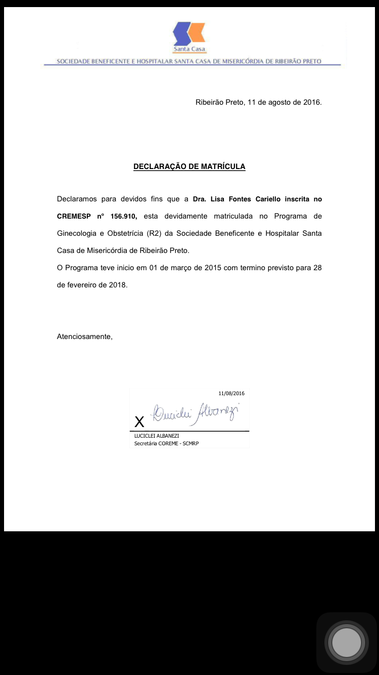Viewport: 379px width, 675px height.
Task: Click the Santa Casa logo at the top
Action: coord(189,36)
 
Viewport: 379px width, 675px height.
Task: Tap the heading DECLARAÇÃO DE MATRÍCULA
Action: coord(189,166)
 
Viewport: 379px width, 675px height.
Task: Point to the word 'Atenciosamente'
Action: coord(84,336)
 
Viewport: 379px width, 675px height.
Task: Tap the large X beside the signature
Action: coord(139,422)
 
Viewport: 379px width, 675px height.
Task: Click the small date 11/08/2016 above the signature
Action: coord(231,393)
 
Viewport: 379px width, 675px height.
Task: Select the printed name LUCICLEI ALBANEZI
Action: coord(157,436)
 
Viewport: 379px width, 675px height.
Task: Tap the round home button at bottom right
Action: coord(347,643)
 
